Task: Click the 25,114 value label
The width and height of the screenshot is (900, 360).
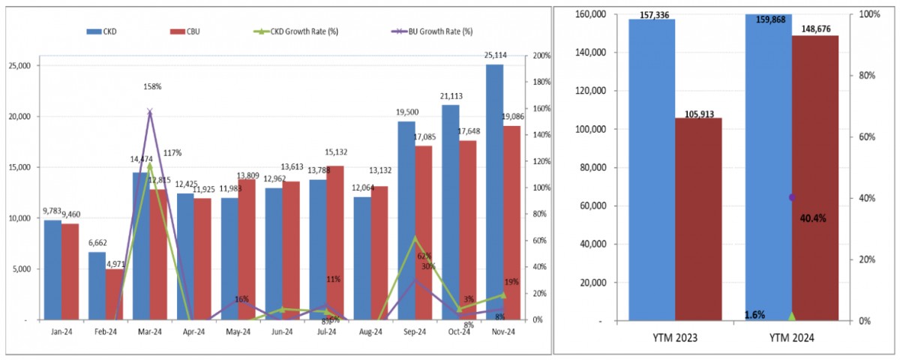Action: (x=494, y=55)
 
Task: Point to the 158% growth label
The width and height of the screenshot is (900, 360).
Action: (x=152, y=86)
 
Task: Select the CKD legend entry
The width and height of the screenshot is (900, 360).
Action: (x=104, y=31)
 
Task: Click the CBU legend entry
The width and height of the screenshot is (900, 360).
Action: (x=187, y=31)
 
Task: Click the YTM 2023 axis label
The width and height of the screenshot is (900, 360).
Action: (x=675, y=338)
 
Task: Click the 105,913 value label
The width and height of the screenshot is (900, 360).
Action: (x=700, y=113)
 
